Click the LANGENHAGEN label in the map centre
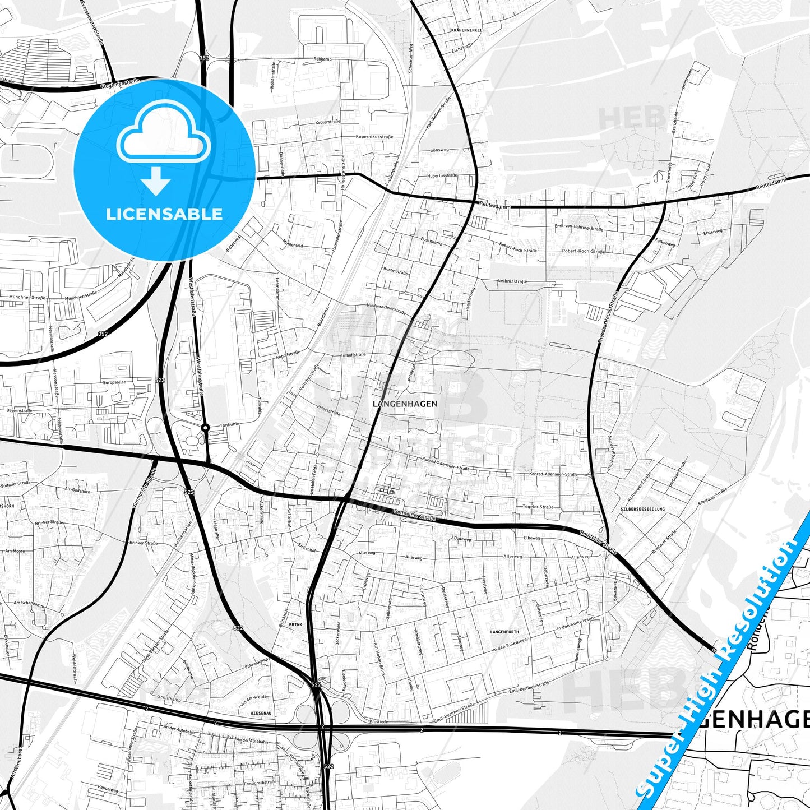point(405,404)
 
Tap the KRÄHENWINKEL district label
point(466,30)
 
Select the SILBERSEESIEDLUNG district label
point(642,509)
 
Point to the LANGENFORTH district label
point(504,632)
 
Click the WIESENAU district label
point(260,713)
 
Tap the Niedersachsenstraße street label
point(386,309)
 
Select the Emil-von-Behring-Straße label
point(579,229)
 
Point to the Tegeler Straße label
point(538,507)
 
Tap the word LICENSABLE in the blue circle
point(164,214)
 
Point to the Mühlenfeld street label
point(293,245)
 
